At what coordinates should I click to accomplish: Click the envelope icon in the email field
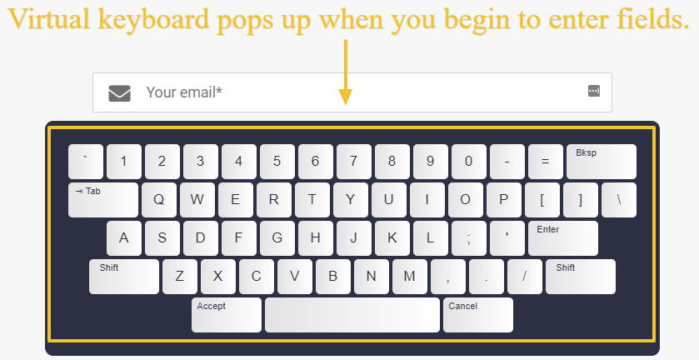[119, 93]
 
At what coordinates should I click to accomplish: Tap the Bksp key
[602, 162]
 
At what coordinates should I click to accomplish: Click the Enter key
[563, 238]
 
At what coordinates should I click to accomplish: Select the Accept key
[227, 315]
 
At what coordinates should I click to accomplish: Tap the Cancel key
[478, 315]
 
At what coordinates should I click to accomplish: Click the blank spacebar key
[352, 315]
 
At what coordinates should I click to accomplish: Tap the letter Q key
[158, 200]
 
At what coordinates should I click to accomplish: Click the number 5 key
[277, 162]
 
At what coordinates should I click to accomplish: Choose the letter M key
[409, 277]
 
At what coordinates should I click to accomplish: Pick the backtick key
[86, 162]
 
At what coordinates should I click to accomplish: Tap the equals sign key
[545, 162]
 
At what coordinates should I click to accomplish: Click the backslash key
[619, 200]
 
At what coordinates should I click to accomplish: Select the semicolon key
[468, 238]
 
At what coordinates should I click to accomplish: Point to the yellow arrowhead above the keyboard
[346, 97]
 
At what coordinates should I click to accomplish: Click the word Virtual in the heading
[50, 18]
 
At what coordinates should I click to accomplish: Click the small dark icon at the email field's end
[594, 91]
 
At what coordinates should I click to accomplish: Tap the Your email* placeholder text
[184, 92]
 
